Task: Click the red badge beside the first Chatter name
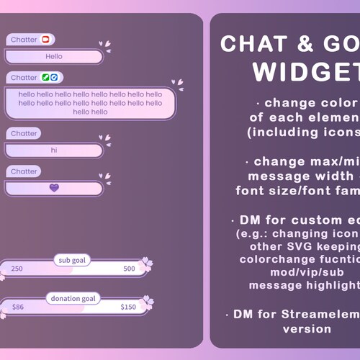(46, 40)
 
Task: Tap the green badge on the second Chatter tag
(45, 77)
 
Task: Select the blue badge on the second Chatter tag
(55, 77)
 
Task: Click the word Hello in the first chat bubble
(54, 56)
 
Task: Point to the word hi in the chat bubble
(53, 150)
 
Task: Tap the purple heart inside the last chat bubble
(54, 187)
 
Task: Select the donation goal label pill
(72, 298)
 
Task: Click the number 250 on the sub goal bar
(17, 269)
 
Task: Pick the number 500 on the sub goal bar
(129, 269)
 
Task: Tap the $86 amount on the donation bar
(18, 307)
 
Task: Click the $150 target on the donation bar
(128, 307)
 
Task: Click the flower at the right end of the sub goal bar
(146, 264)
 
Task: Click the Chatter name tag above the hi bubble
(24, 133)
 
